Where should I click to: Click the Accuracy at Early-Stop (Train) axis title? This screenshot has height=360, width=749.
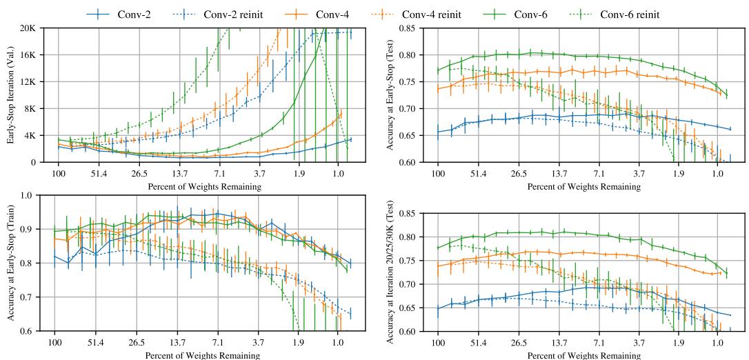tap(12, 263)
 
